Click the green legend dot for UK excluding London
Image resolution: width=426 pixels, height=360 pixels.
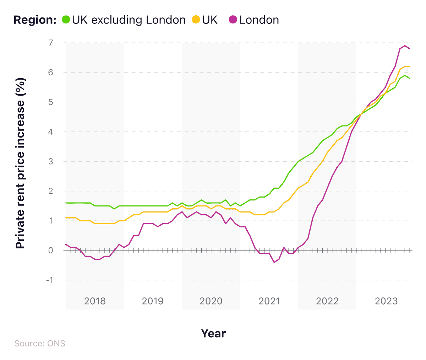[x=66, y=20]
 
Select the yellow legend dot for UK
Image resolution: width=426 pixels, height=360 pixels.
[x=196, y=20]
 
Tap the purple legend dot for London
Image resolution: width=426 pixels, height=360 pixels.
[x=233, y=20]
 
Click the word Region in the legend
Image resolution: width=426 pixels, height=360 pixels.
[x=34, y=20]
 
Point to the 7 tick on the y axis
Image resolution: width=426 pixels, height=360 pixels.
[x=50, y=43]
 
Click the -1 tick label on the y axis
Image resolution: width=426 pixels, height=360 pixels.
[x=49, y=280]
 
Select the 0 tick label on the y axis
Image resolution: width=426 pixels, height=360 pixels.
[x=50, y=250]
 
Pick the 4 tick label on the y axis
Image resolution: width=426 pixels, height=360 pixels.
[x=50, y=132]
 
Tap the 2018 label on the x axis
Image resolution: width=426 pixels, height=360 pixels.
[x=95, y=301]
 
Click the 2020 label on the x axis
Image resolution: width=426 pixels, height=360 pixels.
[x=211, y=301]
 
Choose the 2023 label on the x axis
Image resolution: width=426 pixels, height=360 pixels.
[x=386, y=301]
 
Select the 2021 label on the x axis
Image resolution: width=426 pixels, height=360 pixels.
[x=269, y=301]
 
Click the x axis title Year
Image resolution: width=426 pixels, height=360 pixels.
[x=213, y=333]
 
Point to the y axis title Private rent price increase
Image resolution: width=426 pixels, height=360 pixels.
[x=21, y=163]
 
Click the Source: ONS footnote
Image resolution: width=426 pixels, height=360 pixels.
[x=40, y=344]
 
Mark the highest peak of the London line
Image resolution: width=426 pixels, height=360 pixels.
[x=405, y=45]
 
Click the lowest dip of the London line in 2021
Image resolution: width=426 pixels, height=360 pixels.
[x=274, y=262]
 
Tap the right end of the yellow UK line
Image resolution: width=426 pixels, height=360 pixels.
[x=410, y=66]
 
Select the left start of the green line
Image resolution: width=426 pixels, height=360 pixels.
[x=66, y=203]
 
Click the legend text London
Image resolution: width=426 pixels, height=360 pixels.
[x=259, y=20]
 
